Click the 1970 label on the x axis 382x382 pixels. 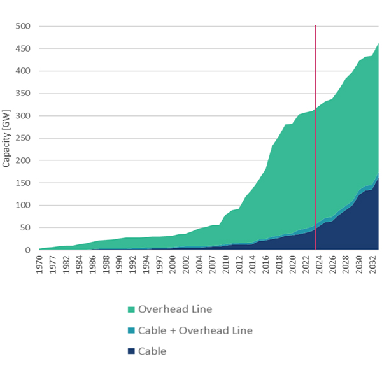[39, 264]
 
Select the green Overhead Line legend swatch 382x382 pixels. [131, 309]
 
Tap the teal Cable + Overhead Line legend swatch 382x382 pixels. [131, 330]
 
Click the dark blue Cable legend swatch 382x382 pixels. [131, 351]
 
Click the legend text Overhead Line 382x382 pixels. [175, 309]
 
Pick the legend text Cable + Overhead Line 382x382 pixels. [196, 330]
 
